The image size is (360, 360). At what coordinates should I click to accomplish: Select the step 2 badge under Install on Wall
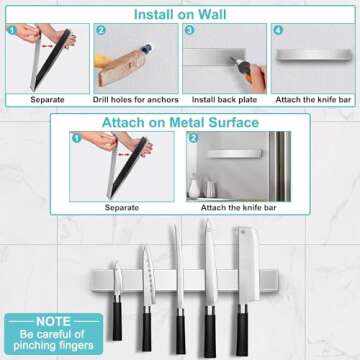click(101, 30)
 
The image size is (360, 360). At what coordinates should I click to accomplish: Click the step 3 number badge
click(189, 30)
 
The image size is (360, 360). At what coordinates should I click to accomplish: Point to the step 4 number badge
click(278, 30)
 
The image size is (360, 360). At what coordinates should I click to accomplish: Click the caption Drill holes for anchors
click(135, 99)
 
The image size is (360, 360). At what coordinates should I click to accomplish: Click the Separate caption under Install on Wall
click(47, 99)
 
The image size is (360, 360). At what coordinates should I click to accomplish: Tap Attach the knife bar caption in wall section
click(312, 99)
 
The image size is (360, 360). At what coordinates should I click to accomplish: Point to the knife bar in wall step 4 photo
click(312, 54)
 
